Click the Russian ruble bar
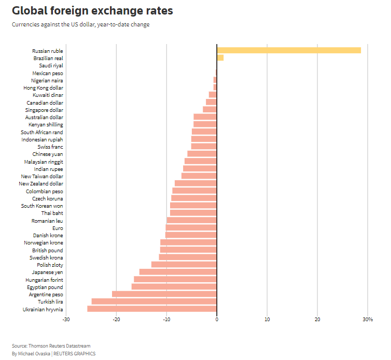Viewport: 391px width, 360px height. pyautogui.click(x=289, y=50)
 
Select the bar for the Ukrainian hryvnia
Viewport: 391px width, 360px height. pyautogui.click(x=152, y=309)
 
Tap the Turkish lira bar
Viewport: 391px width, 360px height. pyautogui.click(x=154, y=301)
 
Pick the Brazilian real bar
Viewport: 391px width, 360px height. pyautogui.click(x=220, y=57)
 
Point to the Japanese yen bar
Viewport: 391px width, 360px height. pyautogui.click(x=178, y=272)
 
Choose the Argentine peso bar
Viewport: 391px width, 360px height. pyautogui.click(x=164, y=294)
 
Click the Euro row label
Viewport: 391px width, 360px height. pyautogui.click(x=58, y=228)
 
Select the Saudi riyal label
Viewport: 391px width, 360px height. pyautogui.click(x=51, y=66)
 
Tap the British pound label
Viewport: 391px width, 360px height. pyautogui.click(x=48, y=250)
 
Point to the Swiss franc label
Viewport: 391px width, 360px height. pyautogui.click(x=50, y=147)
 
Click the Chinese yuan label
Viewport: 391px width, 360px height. pyautogui.click(x=48, y=154)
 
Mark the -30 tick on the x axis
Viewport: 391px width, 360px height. pyautogui.click(x=66, y=319)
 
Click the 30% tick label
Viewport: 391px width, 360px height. pyautogui.click(x=368, y=319)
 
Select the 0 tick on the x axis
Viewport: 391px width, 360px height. pyautogui.click(x=217, y=319)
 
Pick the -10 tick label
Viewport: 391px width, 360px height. pyautogui.click(x=166, y=319)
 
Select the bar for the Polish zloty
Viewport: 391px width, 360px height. pyautogui.click(x=184, y=265)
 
